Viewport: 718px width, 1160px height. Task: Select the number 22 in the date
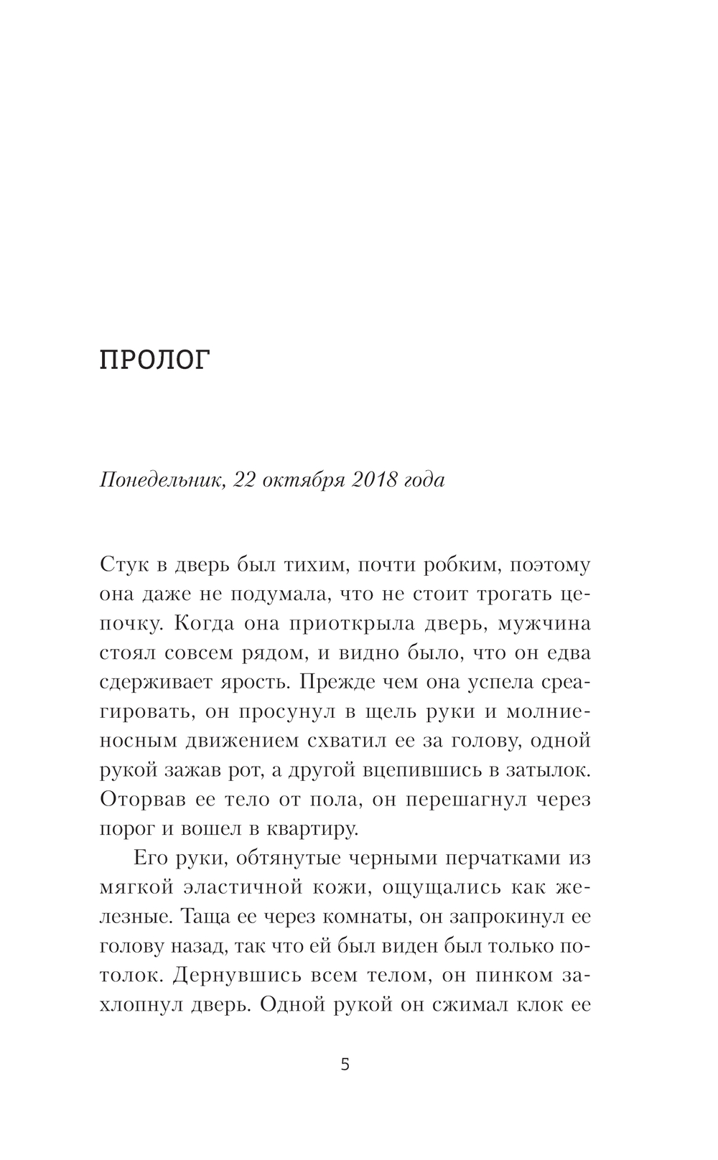pos(245,480)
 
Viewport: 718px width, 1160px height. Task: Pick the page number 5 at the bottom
pos(345,1065)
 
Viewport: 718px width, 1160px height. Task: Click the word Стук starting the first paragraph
pos(125,565)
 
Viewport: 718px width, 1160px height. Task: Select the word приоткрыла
pos(352,623)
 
